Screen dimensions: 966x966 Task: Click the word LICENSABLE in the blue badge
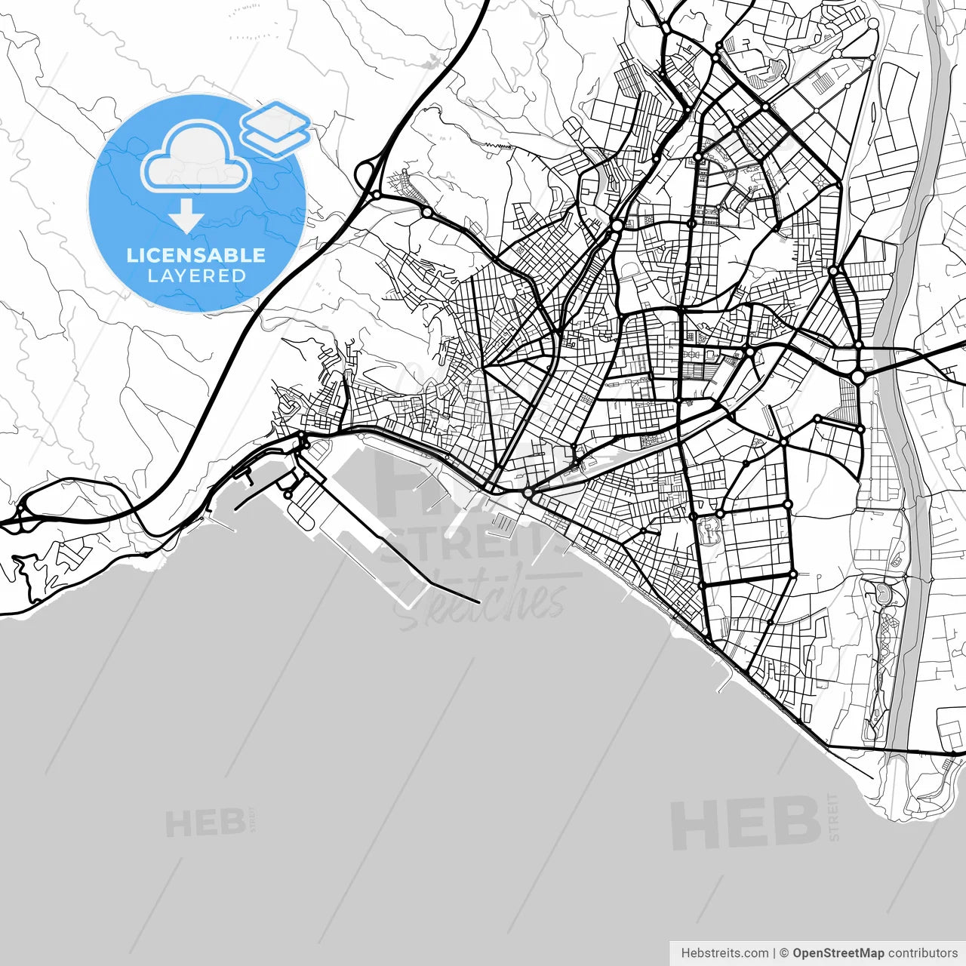196,255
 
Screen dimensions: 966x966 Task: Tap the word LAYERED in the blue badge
196,276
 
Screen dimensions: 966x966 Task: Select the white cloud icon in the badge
196,157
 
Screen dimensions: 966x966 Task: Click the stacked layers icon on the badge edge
275,128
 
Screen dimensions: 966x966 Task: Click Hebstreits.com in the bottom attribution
724,953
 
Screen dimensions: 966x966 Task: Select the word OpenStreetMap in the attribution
838,953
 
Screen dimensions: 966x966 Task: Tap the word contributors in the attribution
922,953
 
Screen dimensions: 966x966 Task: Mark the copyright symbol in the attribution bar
784,953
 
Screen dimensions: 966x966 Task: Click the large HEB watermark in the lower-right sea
745,823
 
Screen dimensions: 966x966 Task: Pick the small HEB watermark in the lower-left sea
205,823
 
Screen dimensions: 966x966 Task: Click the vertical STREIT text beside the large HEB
833,817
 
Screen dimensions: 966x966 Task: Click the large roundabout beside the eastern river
857,376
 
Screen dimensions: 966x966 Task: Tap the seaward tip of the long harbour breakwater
478,601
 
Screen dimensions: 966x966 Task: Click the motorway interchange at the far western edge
17,518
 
